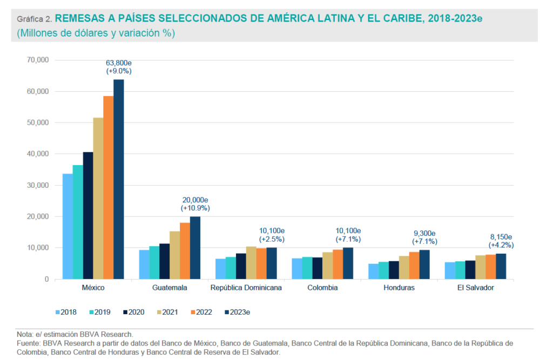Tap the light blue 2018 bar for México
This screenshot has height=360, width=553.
pyautogui.click(x=68, y=226)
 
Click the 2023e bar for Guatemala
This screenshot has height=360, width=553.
pyautogui.click(x=195, y=248)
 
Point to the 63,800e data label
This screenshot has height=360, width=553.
pyautogui.click(x=119, y=63)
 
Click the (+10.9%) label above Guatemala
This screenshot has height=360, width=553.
pyautogui.click(x=195, y=208)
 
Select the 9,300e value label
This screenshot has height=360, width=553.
pyautogui.click(x=424, y=233)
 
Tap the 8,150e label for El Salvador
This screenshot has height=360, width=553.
pyautogui.click(x=501, y=236)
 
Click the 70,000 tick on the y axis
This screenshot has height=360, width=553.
pyautogui.click(x=37, y=60)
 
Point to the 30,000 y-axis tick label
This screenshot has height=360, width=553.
pyautogui.click(x=37, y=185)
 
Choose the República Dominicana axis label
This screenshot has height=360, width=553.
pyautogui.click(x=246, y=288)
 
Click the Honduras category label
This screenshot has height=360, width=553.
pyautogui.click(x=399, y=288)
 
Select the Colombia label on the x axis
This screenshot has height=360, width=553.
pyautogui.click(x=322, y=288)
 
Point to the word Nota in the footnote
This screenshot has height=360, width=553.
pyautogui.click(x=25, y=334)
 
